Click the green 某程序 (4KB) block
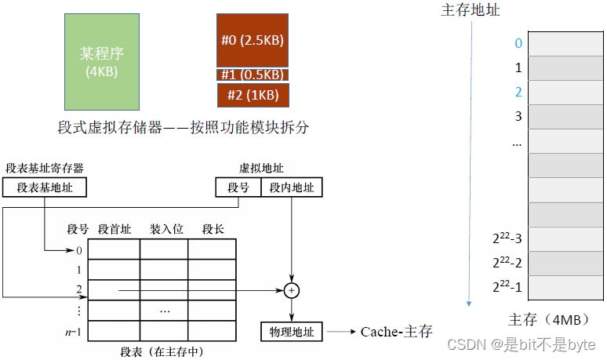(102, 61)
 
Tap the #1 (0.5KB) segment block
(253, 75)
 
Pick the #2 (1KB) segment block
(253, 95)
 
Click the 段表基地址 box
(45, 187)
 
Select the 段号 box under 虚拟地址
(238, 187)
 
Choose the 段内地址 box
(292, 187)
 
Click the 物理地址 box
(292, 332)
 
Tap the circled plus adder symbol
(292, 290)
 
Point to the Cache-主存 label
(396, 332)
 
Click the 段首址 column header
(114, 229)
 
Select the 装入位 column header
(166, 229)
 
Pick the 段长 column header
(213, 229)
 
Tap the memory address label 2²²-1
(507, 287)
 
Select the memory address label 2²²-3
(507, 238)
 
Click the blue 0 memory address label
(518, 44)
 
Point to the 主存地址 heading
(471, 10)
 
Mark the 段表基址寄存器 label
(45, 168)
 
